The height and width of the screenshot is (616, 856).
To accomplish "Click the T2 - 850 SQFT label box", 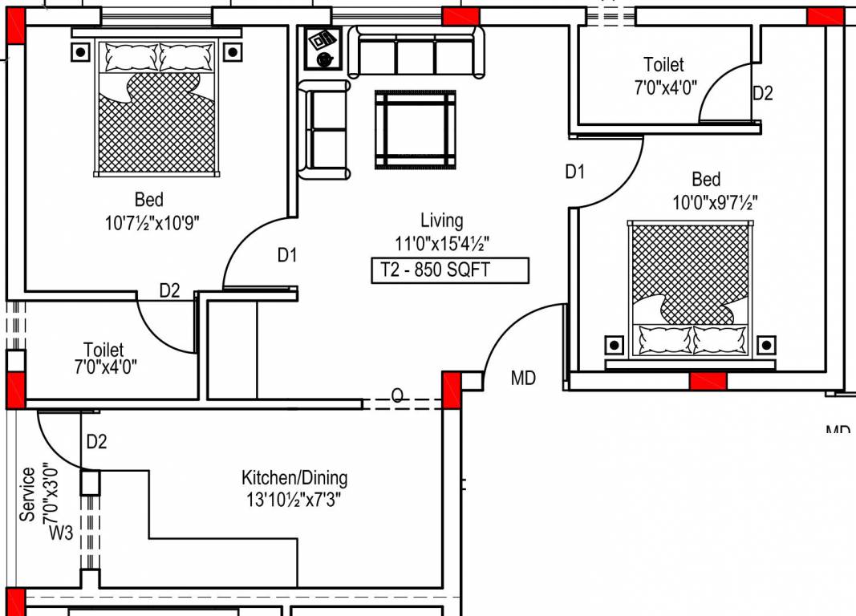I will coord(449,270).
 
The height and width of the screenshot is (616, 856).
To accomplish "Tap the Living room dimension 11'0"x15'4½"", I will coord(442,242).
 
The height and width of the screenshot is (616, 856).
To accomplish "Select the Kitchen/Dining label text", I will coord(294,478).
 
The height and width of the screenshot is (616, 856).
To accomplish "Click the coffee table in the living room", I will coord(416,129).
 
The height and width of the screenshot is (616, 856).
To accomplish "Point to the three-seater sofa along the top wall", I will coord(416,54).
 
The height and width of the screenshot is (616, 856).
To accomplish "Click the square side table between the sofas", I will coord(323,50).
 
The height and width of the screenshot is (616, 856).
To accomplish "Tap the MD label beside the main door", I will coord(523,378).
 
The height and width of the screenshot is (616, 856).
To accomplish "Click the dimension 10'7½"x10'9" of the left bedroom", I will coord(152,223).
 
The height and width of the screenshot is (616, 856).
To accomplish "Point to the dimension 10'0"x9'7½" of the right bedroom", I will coord(715,203).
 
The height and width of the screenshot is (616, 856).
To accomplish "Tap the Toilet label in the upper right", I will coord(663,64).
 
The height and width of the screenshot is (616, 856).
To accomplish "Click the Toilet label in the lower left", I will coord(103,350).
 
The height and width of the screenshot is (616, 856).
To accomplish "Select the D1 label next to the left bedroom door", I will coord(287,255).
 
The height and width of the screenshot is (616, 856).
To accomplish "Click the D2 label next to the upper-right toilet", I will coord(762,93).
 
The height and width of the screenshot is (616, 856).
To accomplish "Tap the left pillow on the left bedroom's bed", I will coord(130,57).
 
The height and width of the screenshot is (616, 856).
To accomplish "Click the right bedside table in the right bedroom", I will coord(767,345).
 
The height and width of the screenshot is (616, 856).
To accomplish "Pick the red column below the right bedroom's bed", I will coord(708,381).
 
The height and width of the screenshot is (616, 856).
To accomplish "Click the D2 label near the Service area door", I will coord(96,441).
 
